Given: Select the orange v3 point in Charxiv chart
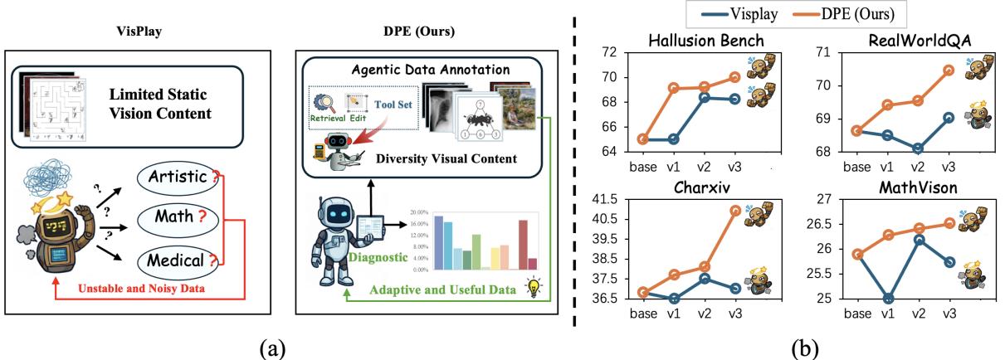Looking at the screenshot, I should point(735,210).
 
